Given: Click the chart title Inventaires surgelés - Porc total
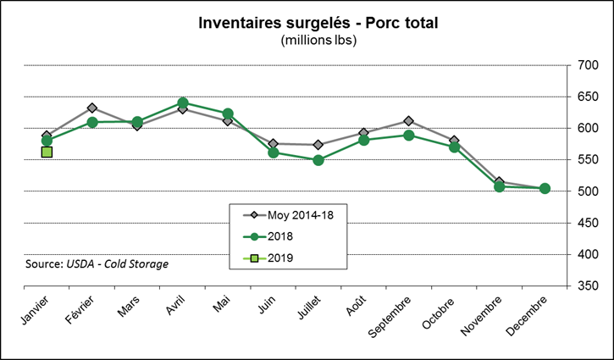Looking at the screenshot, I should tap(318, 23).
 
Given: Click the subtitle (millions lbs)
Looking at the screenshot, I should tap(318, 40).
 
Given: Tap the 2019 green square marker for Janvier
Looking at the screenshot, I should tap(47, 152).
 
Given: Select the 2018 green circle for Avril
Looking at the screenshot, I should tap(183, 102).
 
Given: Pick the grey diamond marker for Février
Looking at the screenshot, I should tap(92, 108).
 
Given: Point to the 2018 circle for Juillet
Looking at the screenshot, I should tap(318, 160).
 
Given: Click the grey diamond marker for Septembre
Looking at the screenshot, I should tap(409, 121).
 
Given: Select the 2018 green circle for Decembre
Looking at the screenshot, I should tap(545, 188).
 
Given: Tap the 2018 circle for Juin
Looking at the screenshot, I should tap(274, 152).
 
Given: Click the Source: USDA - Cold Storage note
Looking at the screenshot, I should tap(97, 263).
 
